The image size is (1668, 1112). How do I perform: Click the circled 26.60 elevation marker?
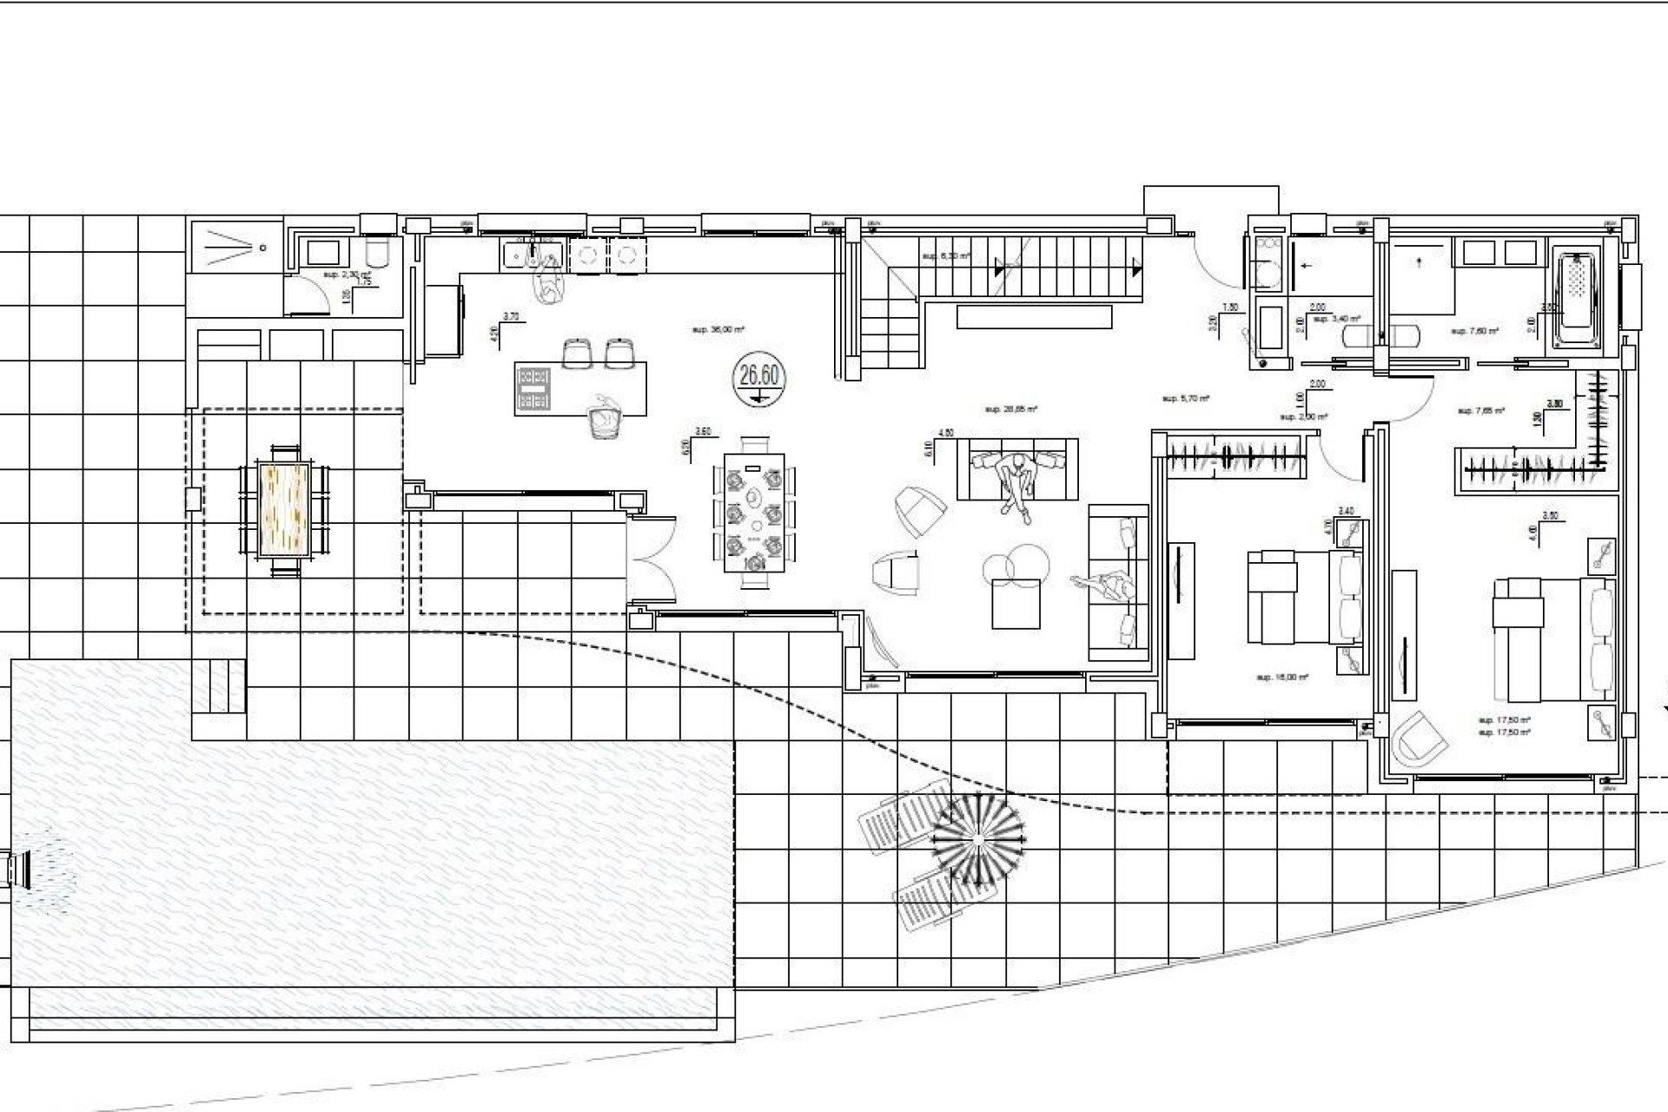(x=758, y=379)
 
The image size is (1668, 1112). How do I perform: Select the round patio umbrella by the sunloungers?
(x=978, y=838)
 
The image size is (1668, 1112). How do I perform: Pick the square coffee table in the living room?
(x=1016, y=603)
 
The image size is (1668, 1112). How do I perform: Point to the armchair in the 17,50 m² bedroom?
(x=1419, y=739)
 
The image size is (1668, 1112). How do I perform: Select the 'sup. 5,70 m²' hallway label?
(x=1186, y=399)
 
